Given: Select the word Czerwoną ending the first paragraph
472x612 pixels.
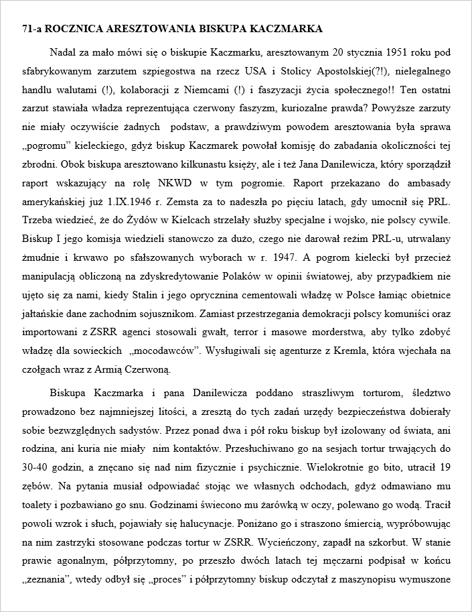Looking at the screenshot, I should pyautogui.click(x=152, y=368).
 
